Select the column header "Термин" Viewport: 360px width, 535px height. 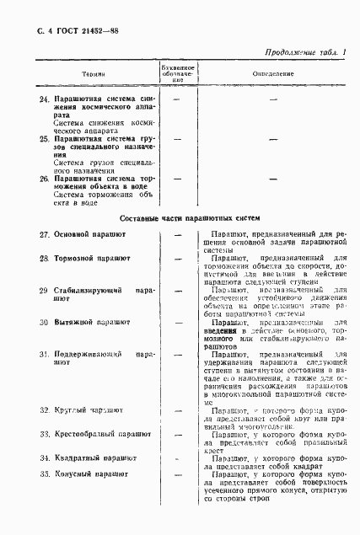[94, 73]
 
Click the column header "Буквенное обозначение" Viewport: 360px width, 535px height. [178, 73]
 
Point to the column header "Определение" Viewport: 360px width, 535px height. [273, 73]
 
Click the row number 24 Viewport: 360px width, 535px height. [44, 100]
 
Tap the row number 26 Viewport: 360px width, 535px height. [44, 179]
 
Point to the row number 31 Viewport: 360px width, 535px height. [44, 355]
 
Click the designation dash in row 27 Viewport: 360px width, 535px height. [178, 233]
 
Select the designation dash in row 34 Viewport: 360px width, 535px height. [178, 457]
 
